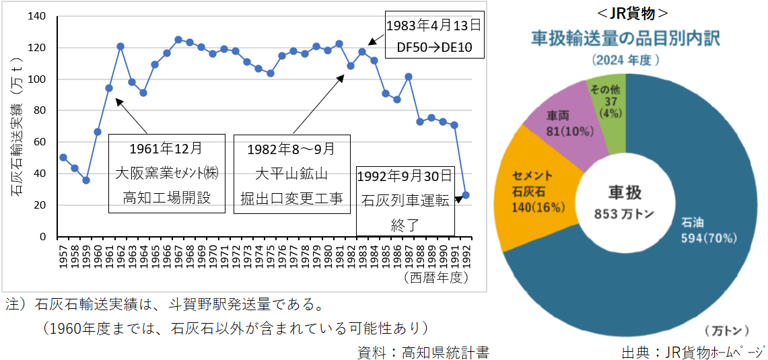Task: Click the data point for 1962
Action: [120, 46]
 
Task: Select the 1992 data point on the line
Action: [466, 195]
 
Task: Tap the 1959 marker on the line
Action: [86, 180]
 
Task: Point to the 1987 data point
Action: [408, 77]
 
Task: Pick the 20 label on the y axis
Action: [40, 205]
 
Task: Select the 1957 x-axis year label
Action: [63, 255]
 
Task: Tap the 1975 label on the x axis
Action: [271, 255]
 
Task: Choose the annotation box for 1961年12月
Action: [166, 174]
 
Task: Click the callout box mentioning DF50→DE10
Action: [435, 36]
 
